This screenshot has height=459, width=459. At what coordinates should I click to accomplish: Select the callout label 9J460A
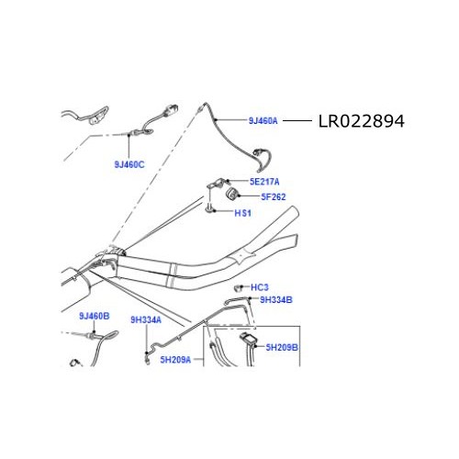[263, 120]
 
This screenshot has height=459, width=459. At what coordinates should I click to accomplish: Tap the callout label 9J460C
[130, 165]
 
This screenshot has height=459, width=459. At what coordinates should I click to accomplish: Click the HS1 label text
[243, 214]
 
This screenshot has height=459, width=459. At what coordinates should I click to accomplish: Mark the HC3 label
[259, 287]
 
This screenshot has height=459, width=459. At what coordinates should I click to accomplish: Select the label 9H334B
[275, 299]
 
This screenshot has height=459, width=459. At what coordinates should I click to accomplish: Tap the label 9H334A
[145, 319]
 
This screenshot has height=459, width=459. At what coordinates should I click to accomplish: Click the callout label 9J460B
[94, 316]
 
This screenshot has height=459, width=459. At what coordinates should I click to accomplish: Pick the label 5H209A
[174, 360]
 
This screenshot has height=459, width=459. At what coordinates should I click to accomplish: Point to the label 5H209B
[283, 348]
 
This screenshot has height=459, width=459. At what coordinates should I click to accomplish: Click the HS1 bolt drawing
[211, 212]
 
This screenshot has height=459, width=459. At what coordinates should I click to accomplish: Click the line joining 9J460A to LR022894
[297, 120]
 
